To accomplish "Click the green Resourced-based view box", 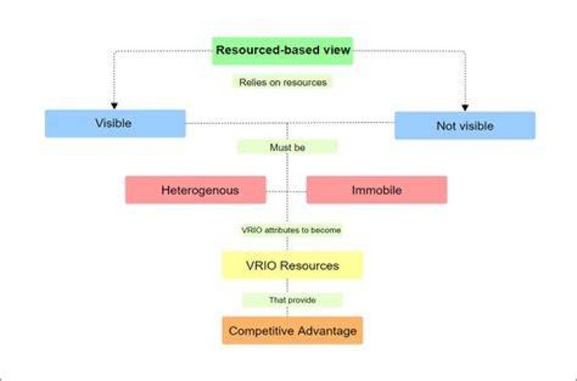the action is tap(282, 51).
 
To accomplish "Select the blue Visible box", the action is tap(115, 124).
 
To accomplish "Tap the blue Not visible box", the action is tap(465, 126).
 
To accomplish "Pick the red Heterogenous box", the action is tap(196, 190).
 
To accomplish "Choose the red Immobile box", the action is tap(377, 190).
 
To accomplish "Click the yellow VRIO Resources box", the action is tap(293, 265).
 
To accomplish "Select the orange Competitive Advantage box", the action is tap(293, 330).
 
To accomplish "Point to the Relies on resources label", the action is tap(283, 82).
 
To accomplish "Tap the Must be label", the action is tap(288, 148).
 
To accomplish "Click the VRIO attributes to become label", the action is tap(291, 230).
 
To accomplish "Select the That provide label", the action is tap(293, 300).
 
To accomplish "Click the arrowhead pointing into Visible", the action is tap(114, 106).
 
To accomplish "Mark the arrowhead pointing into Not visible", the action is tap(465, 107).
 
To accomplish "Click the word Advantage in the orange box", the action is tap(325, 331).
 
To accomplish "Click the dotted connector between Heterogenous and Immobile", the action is tap(286, 192).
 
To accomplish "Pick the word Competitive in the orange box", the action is tap(260, 331).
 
